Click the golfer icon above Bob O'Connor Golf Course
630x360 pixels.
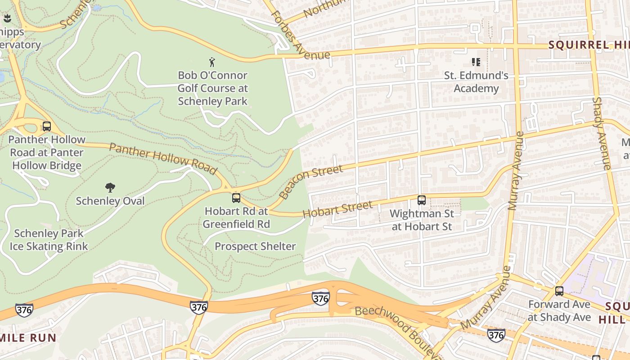212,62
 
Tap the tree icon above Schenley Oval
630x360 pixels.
110,188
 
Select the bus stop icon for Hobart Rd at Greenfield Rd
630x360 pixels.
236,198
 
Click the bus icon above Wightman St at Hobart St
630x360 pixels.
422,200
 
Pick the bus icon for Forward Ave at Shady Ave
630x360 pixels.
559,291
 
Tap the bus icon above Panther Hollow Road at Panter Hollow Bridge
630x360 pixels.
47,126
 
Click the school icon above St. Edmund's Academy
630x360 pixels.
476,62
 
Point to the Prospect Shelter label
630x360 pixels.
255,246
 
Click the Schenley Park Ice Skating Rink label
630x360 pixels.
49,240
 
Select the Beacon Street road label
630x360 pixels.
310,182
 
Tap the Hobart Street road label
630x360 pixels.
337,209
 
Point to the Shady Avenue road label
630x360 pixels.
601,134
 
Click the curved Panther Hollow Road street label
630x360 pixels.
163,158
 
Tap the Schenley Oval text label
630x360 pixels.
110,201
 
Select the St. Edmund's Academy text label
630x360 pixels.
476,82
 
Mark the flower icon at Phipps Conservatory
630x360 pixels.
7,18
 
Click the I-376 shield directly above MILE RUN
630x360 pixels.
24,310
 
